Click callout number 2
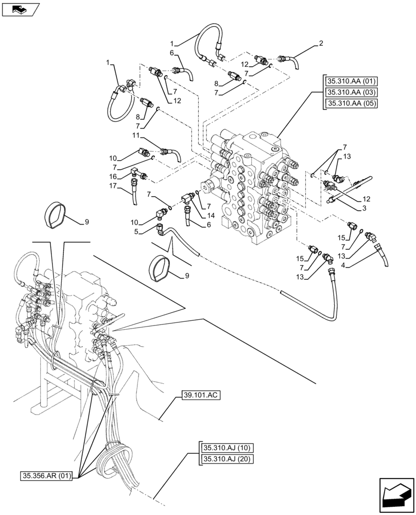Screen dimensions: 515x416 tap(321, 44)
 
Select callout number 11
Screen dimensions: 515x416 tap(135, 135)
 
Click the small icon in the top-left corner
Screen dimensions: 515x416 tap(19, 9)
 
